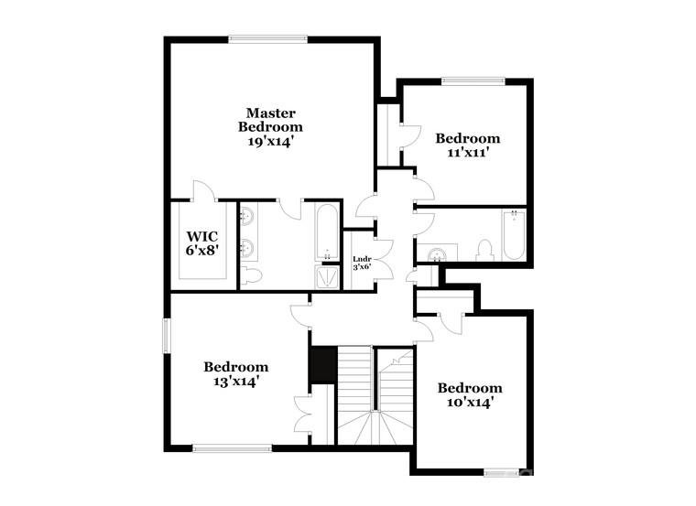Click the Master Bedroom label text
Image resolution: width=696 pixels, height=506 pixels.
point(270,120)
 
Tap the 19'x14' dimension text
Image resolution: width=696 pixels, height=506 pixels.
point(270,142)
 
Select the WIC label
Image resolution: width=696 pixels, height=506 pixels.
point(203,234)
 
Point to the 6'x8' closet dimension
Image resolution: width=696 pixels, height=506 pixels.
point(203,249)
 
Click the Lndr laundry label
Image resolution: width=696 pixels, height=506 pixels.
point(362,259)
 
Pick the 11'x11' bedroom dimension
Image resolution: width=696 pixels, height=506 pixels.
point(468,154)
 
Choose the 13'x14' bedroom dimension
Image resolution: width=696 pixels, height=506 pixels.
point(235,382)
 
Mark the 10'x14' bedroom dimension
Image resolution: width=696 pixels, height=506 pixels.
point(469,402)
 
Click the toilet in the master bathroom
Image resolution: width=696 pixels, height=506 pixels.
point(250,275)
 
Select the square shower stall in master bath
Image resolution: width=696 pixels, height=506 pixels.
point(326,277)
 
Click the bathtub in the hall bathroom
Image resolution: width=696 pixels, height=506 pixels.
point(512,234)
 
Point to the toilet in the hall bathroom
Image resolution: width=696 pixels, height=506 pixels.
point(485,249)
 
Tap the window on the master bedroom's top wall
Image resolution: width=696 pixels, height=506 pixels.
point(267,38)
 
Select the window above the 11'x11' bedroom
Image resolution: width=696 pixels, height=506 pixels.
point(473,81)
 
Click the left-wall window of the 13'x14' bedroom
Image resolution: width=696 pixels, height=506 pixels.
point(167,334)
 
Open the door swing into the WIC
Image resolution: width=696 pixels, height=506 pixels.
point(202,192)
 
